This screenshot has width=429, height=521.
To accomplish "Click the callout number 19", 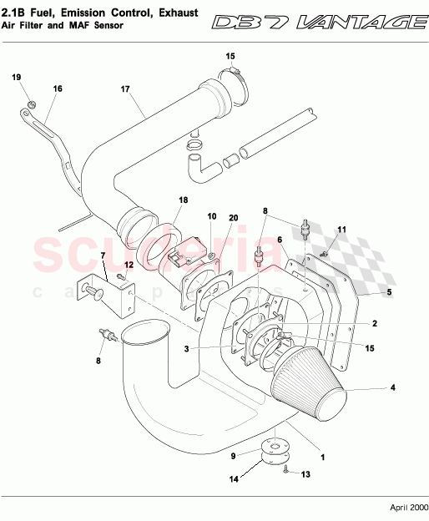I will [x=16, y=78].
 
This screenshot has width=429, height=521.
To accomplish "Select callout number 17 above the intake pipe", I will [x=125, y=89].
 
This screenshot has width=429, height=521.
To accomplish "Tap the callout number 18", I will [x=183, y=200].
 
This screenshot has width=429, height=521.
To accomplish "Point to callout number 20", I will [x=233, y=218].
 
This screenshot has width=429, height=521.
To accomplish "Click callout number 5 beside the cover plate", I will [x=387, y=292].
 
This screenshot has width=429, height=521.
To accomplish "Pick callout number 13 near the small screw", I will [x=305, y=474].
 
